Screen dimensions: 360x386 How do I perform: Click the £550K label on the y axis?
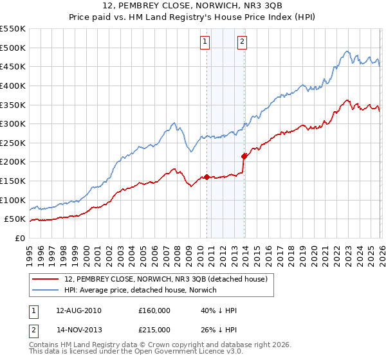click(13, 29)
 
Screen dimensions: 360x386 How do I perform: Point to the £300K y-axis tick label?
click(13, 123)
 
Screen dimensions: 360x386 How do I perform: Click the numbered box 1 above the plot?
click(205, 42)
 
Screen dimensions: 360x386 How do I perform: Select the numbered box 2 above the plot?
click(243, 42)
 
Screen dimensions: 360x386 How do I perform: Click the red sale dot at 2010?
click(206, 177)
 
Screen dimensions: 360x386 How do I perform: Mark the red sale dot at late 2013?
click(244, 156)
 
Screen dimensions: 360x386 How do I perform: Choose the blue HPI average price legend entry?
click(141, 290)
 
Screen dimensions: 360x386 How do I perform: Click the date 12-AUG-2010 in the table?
click(78, 310)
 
